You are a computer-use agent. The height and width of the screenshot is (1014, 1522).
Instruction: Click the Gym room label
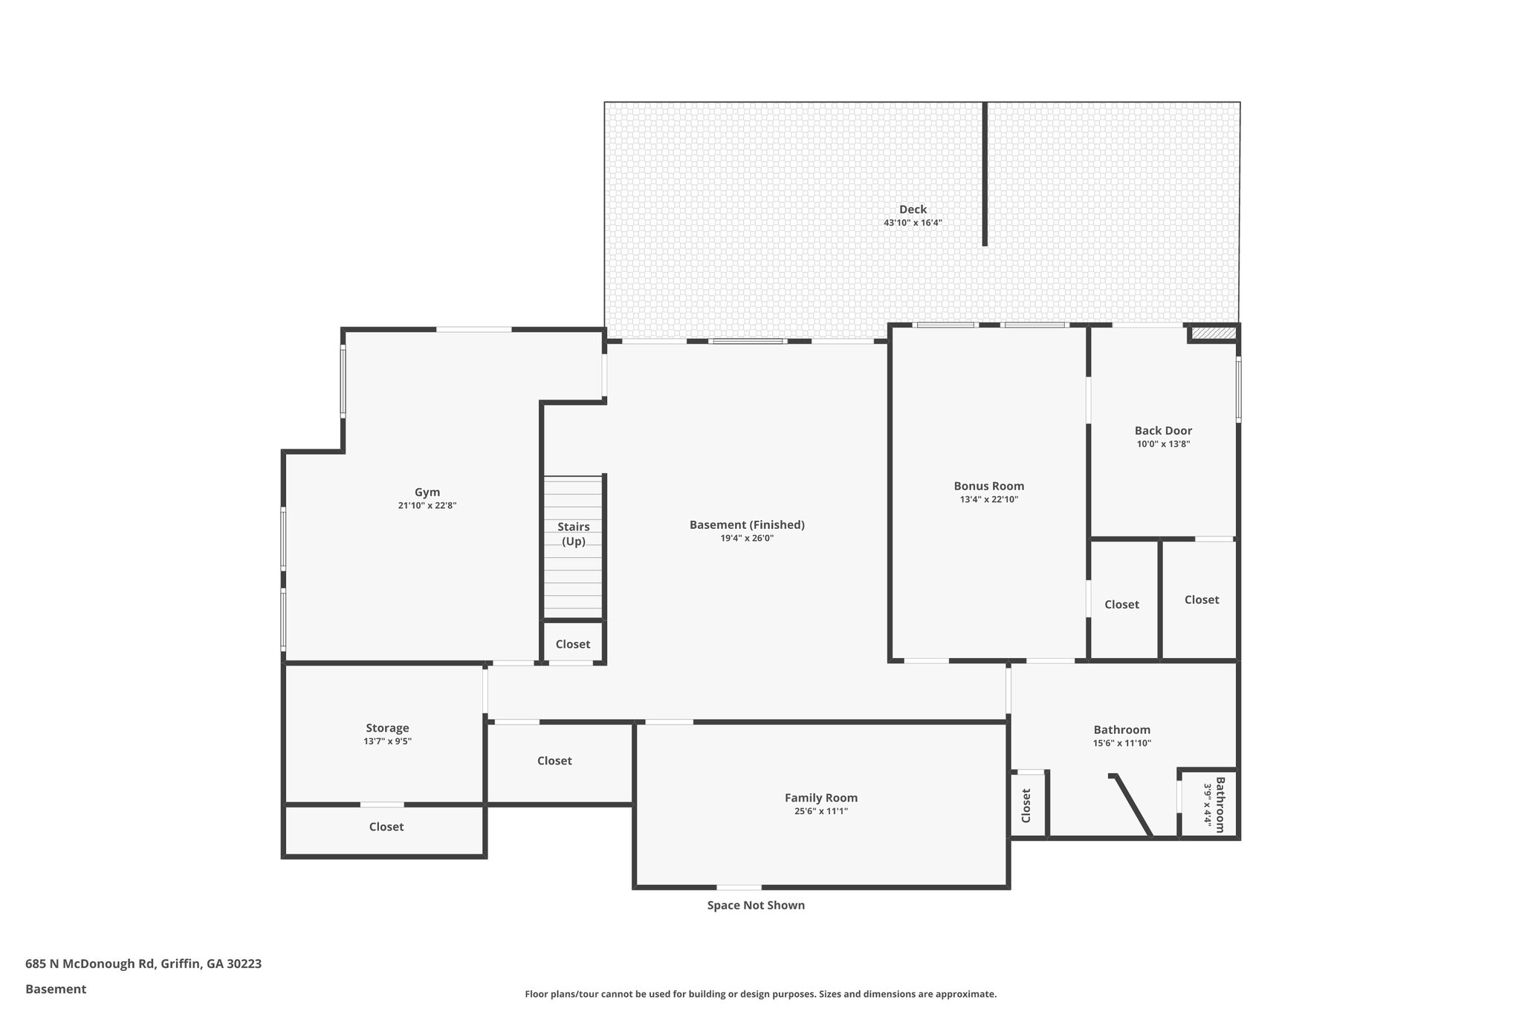click(x=427, y=492)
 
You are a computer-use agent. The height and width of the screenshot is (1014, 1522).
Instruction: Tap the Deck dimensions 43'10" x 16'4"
click(x=913, y=223)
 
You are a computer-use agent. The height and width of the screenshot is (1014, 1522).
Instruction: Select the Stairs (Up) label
click(x=573, y=534)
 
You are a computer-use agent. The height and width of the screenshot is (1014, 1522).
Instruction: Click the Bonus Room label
click(x=988, y=486)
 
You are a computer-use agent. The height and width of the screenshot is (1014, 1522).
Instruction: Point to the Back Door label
click(x=1163, y=431)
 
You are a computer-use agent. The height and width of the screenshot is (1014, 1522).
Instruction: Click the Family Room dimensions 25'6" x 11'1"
click(x=820, y=811)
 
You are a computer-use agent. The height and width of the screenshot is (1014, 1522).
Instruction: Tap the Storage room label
click(x=387, y=728)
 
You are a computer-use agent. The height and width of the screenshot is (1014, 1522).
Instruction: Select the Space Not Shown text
click(x=756, y=905)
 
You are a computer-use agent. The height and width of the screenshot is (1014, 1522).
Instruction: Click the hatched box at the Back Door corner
click(x=1213, y=334)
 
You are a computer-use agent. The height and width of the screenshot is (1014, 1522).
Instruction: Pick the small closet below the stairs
click(x=573, y=644)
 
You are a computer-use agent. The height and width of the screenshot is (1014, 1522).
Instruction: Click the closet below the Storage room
click(x=386, y=827)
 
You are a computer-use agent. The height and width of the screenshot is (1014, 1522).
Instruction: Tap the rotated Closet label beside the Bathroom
click(x=1026, y=805)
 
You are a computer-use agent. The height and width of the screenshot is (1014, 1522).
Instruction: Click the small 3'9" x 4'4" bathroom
click(x=1208, y=805)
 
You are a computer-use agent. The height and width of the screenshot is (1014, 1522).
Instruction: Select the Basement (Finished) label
click(x=747, y=524)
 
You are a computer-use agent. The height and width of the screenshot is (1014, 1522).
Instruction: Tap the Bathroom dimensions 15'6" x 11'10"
click(x=1121, y=743)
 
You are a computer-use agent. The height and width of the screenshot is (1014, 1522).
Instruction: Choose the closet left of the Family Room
click(x=554, y=761)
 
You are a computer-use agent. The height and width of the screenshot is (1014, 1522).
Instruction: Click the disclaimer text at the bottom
click(x=760, y=994)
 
